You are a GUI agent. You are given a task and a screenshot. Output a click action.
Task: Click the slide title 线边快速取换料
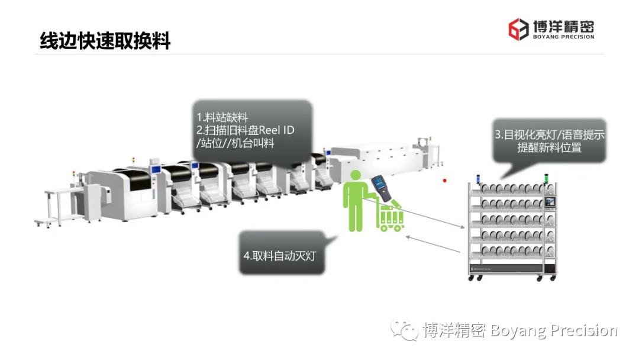pos(105,41)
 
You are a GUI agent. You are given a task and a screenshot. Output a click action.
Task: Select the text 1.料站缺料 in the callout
pos(222,117)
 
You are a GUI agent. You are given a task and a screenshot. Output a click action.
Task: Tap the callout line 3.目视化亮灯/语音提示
pos(550,134)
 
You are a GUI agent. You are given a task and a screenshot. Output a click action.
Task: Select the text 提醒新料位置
pos(549,147)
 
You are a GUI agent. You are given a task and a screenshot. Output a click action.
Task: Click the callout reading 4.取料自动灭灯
pos(282,256)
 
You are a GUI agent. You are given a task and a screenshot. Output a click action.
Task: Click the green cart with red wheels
pos(392,216)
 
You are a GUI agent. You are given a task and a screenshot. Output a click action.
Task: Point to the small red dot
pos(445,181)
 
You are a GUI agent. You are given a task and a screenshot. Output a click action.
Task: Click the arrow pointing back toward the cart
pos(435,244)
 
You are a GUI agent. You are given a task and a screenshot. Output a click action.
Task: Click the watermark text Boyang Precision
pos(554,330)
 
